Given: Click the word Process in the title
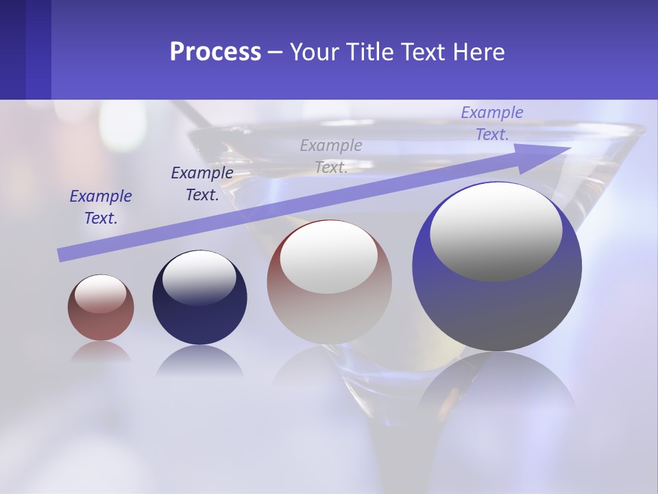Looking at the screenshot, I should pyautogui.click(x=215, y=52).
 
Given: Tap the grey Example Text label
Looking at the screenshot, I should pyautogui.click(x=331, y=156).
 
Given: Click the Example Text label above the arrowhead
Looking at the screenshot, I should pyautogui.click(x=491, y=123).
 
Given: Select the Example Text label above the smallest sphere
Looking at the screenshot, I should pyautogui.click(x=101, y=207).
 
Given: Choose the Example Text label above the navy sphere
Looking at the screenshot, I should pyautogui.click(x=202, y=183).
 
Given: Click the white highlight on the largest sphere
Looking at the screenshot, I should pyautogui.click(x=496, y=231).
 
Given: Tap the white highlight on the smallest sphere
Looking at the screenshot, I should pyautogui.click(x=100, y=294).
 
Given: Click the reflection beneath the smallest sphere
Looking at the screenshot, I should pyautogui.click(x=101, y=352).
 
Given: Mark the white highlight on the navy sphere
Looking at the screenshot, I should pyautogui.click(x=199, y=276).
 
